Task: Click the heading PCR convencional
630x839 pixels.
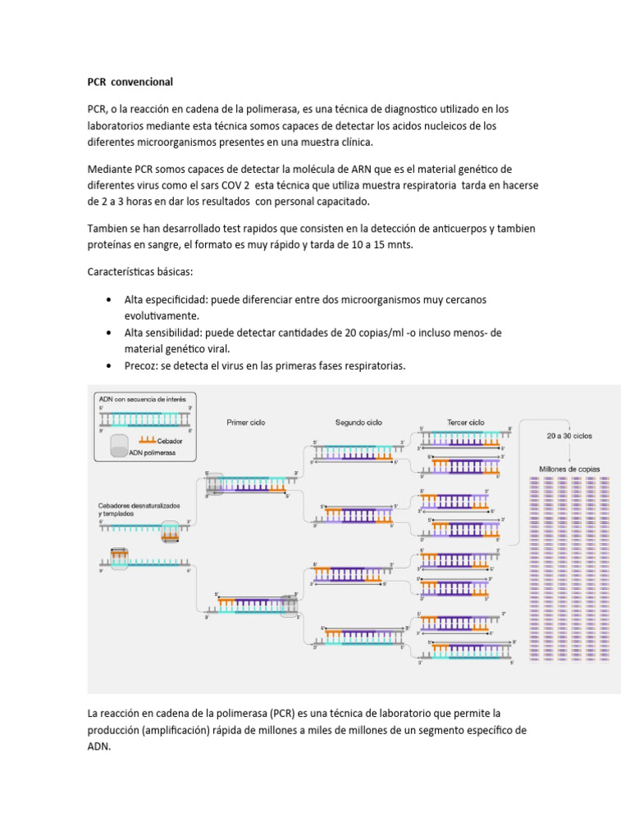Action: tap(130, 82)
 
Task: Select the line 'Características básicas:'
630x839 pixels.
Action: tap(140, 271)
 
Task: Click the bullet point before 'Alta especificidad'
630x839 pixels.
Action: tap(109, 300)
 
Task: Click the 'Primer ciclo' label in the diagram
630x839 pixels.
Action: tap(245, 423)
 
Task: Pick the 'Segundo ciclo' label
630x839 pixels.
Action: tap(358, 423)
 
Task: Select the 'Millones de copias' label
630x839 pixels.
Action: tap(568, 469)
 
